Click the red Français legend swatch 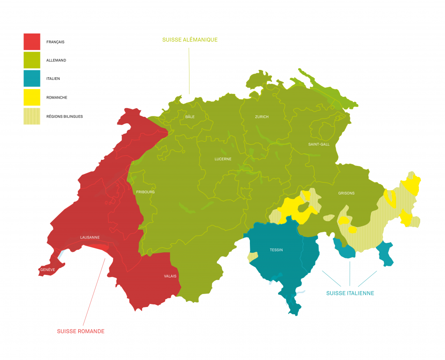(x=32, y=42)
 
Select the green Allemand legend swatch (x=32, y=60)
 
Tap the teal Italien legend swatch (x=32, y=79)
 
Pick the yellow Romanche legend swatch (x=32, y=98)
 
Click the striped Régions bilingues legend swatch (x=32, y=116)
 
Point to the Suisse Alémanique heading (x=189, y=40)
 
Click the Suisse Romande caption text (x=80, y=331)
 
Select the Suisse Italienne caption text (x=350, y=293)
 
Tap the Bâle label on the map (x=190, y=117)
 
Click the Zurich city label (x=262, y=117)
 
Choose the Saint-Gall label (x=319, y=144)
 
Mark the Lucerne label (x=222, y=159)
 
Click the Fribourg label (x=145, y=192)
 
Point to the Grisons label (x=346, y=193)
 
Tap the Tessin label (x=276, y=250)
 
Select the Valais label (x=170, y=276)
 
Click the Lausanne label (x=90, y=238)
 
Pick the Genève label (x=47, y=270)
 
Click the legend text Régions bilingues (x=64, y=116)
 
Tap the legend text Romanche (x=56, y=98)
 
